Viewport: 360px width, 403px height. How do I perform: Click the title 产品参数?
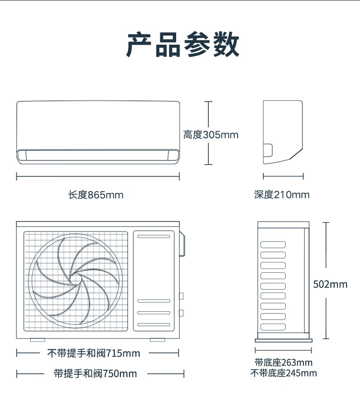click(182, 46)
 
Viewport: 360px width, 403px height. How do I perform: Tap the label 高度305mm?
click(211, 134)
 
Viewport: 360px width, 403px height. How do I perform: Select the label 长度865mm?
click(96, 195)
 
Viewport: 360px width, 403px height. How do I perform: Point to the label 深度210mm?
click(282, 195)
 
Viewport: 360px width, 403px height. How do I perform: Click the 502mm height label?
click(330, 284)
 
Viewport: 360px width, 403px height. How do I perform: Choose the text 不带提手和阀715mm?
click(94, 354)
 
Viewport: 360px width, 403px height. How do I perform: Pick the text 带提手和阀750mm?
click(96, 374)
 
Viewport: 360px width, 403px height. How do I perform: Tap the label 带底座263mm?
click(283, 363)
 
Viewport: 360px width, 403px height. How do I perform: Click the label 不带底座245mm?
click(283, 373)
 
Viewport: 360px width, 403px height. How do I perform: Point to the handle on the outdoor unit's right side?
click(182, 244)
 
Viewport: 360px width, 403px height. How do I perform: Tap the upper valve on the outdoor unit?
click(181, 296)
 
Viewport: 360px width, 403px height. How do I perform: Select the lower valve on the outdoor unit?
click(181, 313)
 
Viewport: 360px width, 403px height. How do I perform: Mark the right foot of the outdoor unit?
click(156, 340)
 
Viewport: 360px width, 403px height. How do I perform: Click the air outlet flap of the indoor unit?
click(98, 155)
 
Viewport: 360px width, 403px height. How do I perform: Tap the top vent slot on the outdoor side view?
click(273, 244)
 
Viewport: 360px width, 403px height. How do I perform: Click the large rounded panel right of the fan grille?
click(154, 281)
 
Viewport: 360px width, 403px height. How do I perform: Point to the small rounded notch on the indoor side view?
click(268, 150)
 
